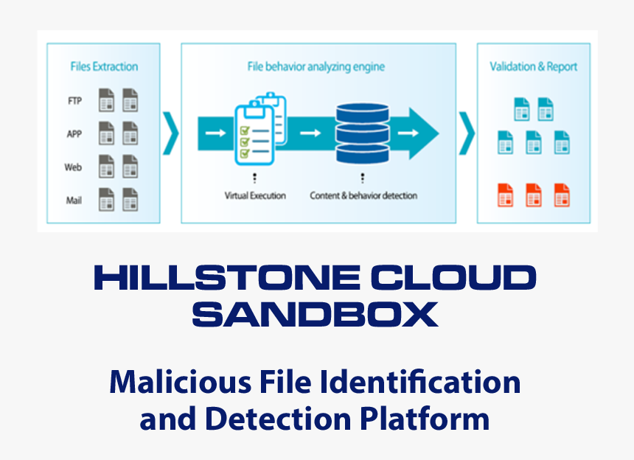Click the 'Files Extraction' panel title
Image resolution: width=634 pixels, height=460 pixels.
[x=104, y=66]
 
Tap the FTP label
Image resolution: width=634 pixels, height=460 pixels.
[x=74, y=101]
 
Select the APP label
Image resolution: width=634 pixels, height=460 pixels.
[x=74, y=134]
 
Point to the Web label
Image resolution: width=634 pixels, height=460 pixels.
[x=73, y=167]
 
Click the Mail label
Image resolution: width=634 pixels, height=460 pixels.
[x=74, y=200]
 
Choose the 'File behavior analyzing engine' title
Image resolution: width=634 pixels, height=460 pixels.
[x=316, y=67]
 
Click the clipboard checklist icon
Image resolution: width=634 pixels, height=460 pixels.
[x=258, y=130]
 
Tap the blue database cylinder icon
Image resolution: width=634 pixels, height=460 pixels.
[x=362, y=133]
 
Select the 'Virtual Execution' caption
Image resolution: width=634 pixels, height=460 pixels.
[x=255, y=196]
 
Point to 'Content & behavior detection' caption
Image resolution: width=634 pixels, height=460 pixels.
[x=363, y=196]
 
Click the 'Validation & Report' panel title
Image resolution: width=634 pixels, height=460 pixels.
[x=534, y=66]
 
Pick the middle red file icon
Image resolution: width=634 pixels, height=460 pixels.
[x=534, y=196]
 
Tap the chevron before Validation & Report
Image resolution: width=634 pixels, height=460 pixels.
[x=467, y=133]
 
